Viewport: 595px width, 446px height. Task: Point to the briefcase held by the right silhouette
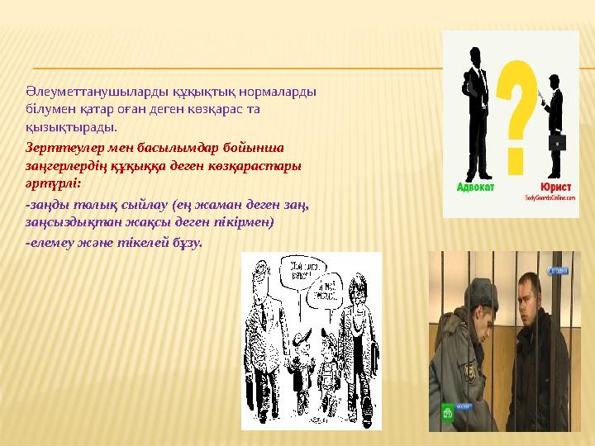[x=558, y=142]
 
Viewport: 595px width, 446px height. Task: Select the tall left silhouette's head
[x=478, y=55]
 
